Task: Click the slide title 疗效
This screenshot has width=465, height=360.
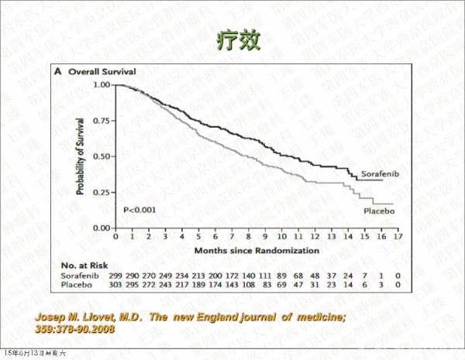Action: (x=232, y=39)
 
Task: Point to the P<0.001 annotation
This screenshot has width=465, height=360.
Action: (x=141, y=209)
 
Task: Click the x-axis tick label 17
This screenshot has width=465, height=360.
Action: (x=398, y=237)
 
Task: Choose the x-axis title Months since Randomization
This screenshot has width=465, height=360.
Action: (x=257, y=251)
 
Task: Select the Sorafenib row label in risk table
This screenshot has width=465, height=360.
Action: (x=79, y=276)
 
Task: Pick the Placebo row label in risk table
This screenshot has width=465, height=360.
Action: (x=76, y=286)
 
